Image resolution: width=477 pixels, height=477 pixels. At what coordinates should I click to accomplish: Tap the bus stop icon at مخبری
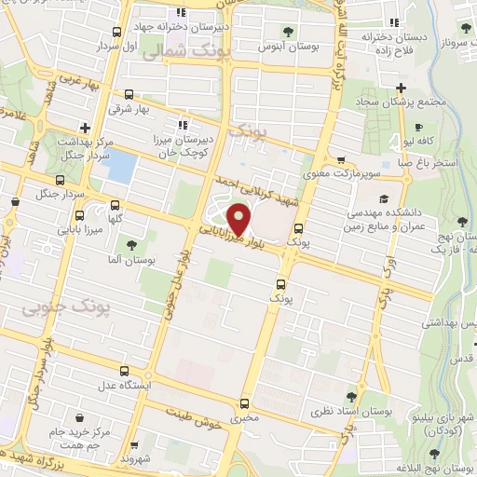click(x=244, y=403)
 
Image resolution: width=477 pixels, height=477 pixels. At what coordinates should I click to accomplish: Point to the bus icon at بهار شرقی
click(x=128, y=94)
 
